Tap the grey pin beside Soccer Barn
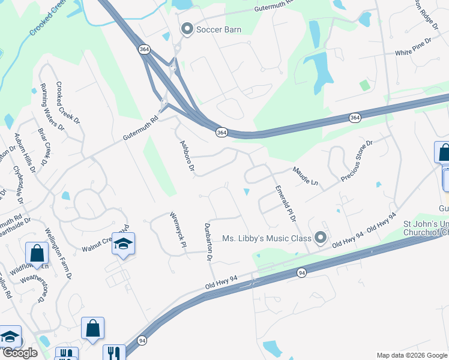(187, 29)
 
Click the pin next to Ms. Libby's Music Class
(321, 238)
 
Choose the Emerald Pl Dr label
(286, 203)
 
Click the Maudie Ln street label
(305, 176)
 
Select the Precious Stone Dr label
(357, 161)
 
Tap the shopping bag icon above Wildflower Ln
(37, 253)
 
